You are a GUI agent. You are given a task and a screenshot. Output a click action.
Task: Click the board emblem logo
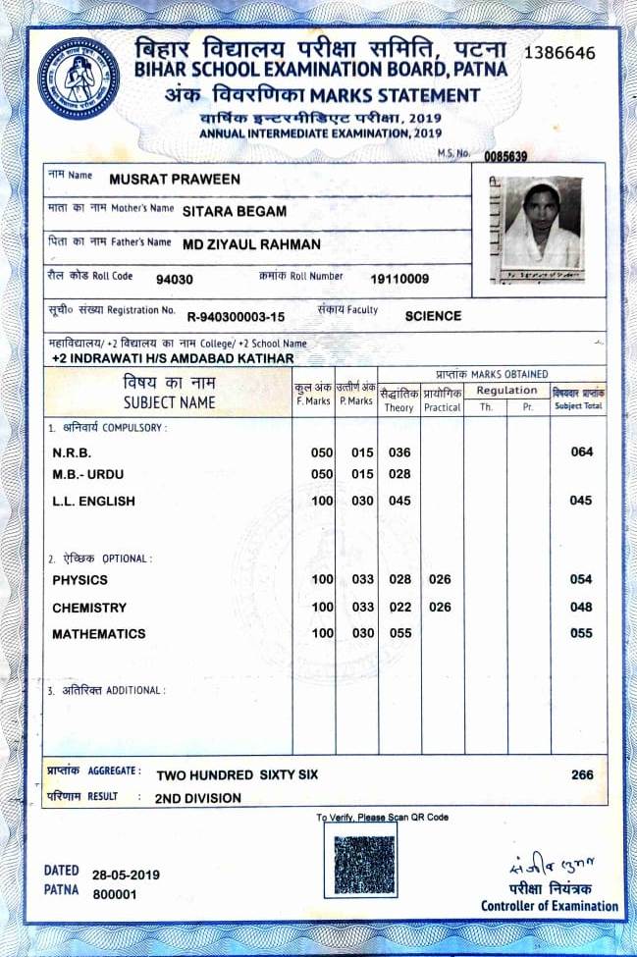[80, 78]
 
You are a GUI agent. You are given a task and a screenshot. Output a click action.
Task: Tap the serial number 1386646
[559, 52]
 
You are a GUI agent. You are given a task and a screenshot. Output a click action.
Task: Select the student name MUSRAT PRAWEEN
[175, 180]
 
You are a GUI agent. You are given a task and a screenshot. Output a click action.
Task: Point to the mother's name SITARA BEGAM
[235, 211]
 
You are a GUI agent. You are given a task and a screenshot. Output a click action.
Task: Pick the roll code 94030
[175, 279]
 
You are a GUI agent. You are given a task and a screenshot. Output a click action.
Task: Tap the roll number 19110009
[399, 279]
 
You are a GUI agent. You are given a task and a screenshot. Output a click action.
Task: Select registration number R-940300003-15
[236, 316]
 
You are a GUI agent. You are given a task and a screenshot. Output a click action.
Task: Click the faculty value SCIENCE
[433, 316]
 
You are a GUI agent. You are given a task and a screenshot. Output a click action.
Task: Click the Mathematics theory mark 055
[399, 634]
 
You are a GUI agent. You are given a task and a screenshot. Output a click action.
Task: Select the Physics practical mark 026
[441, 580]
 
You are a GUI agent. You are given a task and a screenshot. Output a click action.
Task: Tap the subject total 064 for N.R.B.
[581, 452]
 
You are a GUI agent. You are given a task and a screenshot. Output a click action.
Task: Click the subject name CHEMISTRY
[89, 608]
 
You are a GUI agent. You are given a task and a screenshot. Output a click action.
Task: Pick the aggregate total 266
[582, 774]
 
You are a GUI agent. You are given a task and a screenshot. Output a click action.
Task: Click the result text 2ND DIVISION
[198, 798]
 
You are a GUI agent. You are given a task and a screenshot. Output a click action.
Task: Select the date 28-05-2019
[126, 875]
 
